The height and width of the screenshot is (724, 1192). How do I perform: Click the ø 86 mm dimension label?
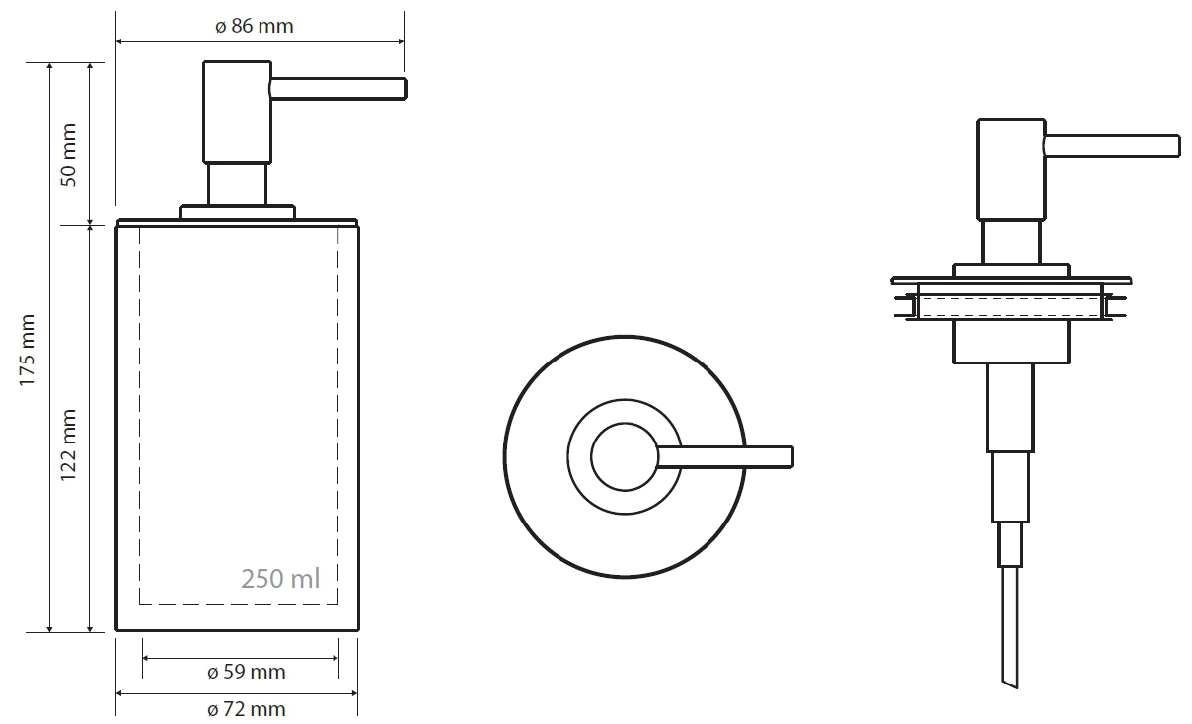pos(255,26)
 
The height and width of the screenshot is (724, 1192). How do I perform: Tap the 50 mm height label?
pos(69,155)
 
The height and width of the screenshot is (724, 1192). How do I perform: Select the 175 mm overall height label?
pos(28,351)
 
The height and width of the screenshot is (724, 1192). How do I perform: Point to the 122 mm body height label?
pos(69,445)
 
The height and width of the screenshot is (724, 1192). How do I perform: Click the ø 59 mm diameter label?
pos(247,672)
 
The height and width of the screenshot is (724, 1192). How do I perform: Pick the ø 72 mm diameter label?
pos(247,709)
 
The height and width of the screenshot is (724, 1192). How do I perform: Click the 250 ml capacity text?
pos(280,579)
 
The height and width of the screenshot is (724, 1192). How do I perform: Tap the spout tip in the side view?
pos(405,89)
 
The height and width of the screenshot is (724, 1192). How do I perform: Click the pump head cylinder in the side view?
pos(238,112)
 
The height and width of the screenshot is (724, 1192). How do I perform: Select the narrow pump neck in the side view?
pos(238,185)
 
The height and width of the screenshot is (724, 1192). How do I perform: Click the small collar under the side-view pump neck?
pos(238,212)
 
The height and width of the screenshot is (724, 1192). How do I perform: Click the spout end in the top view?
pos(790,457)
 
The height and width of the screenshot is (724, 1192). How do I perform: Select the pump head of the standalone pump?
pos(1011,170)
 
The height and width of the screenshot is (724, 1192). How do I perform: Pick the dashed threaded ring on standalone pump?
pos(1010,307)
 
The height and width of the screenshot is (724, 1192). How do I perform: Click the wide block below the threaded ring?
pos(1011,342)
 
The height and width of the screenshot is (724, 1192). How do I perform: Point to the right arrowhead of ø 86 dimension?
pos(401,41)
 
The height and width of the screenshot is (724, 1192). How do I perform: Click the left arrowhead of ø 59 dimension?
pos(146,658)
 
